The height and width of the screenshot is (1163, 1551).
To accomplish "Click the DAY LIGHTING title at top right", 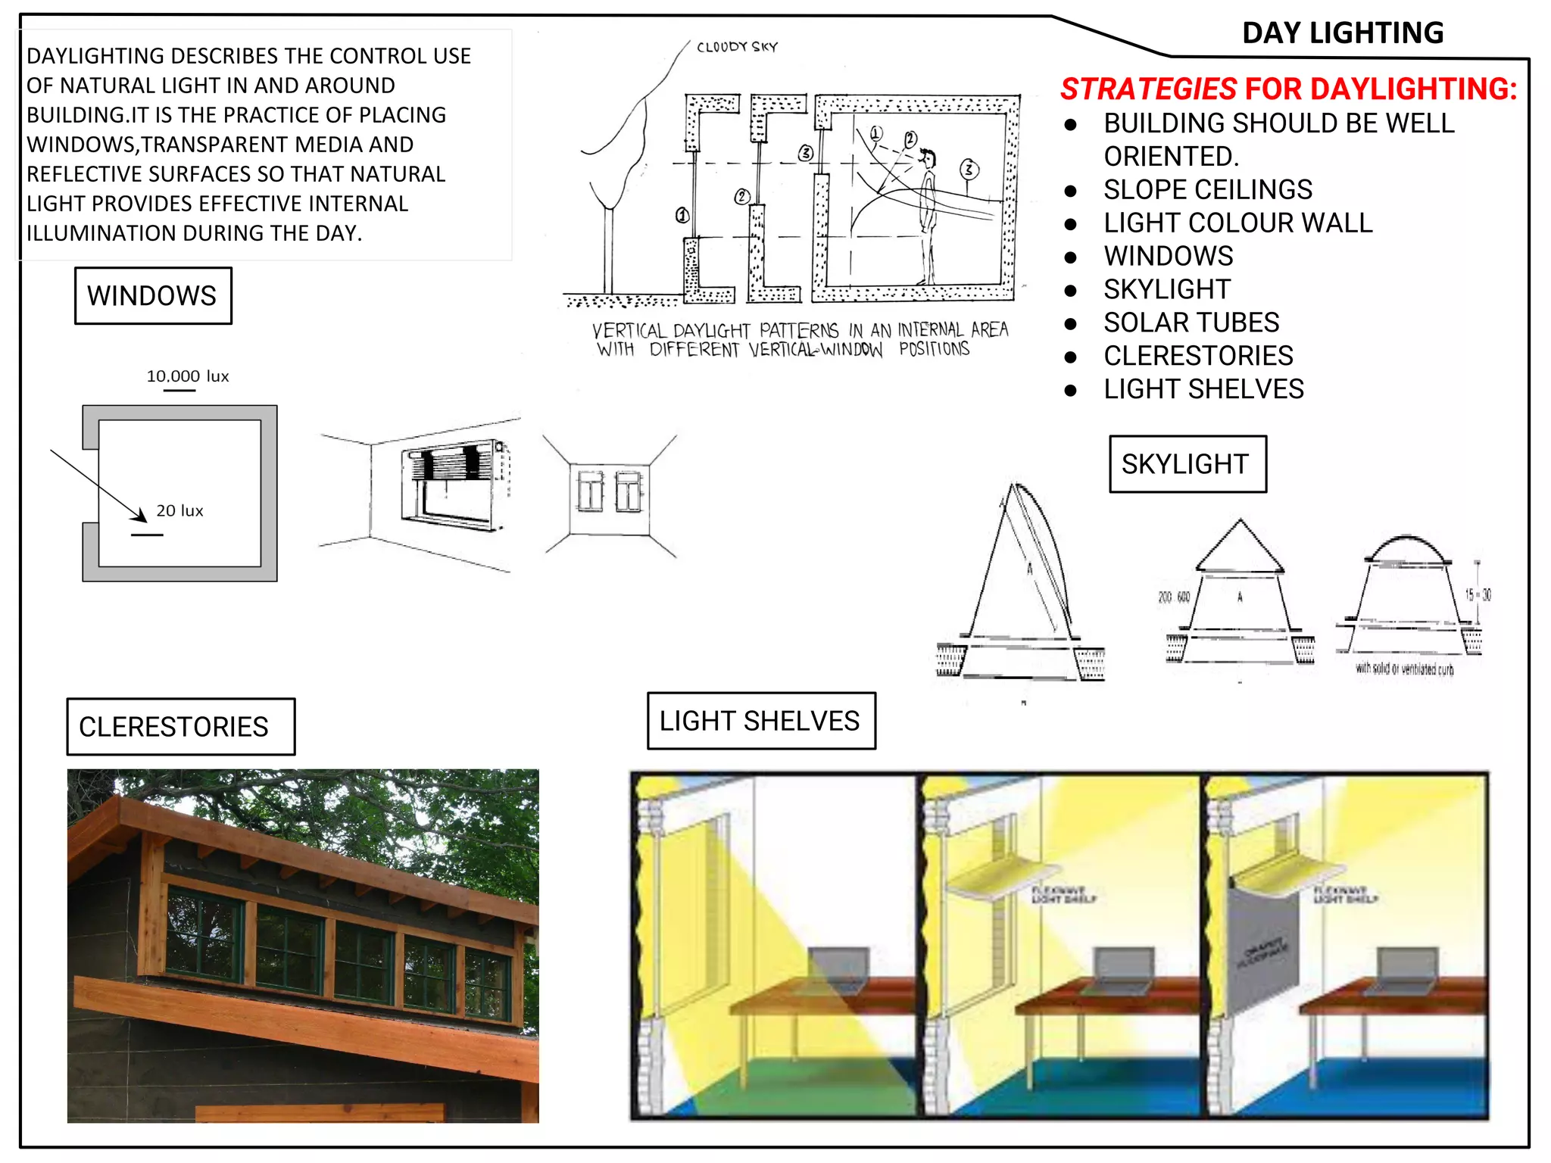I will (1342, 33).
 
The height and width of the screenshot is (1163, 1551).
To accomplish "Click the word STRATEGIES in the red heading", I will (1148, 89).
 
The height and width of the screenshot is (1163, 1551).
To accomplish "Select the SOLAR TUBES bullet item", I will (1191, 323).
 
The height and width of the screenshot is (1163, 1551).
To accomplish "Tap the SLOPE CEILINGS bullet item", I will (1207, 189).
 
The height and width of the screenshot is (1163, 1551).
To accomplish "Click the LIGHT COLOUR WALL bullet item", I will (1237, 223).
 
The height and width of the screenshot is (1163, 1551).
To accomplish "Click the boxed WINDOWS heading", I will (152, 295).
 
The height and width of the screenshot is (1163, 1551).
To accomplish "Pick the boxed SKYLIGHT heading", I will (1186, 463).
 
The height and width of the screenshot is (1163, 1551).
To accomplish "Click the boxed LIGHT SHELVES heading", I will (760, 720).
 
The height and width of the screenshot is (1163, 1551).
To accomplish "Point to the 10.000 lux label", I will (187, 376).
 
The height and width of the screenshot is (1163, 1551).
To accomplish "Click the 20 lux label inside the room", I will (179, 511).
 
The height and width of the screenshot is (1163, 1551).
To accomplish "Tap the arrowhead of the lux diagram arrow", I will (141, 516).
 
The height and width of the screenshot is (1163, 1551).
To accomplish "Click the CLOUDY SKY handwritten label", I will (737, 47).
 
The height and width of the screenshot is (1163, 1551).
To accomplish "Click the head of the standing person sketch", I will (928, 158).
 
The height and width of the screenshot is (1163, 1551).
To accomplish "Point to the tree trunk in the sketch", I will (607, 250).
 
